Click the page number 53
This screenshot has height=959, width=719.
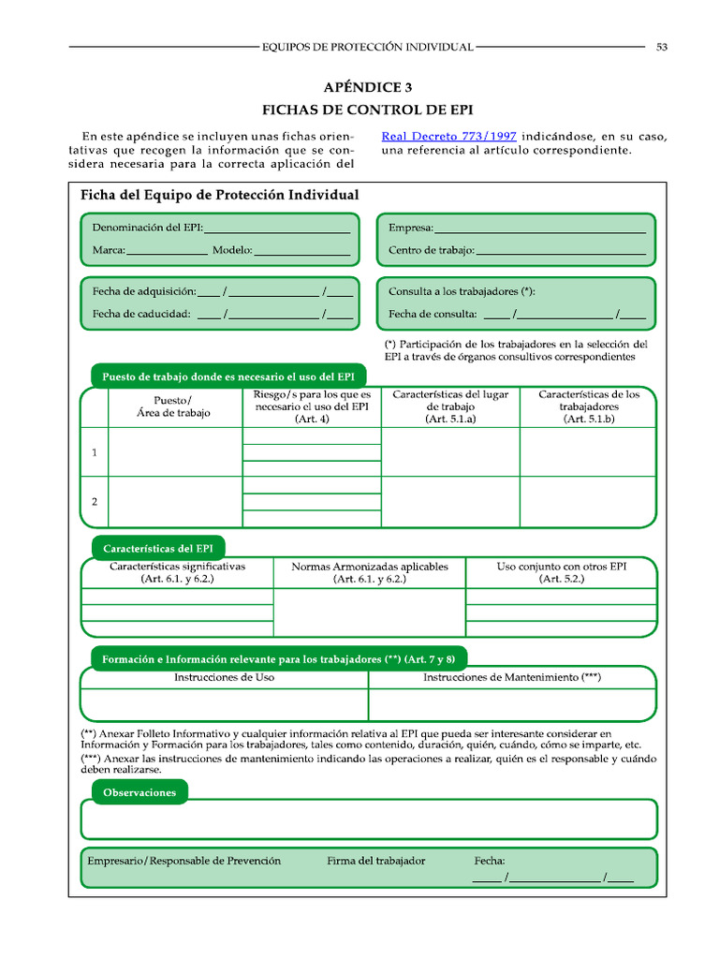661,47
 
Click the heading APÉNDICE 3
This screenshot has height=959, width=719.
367,88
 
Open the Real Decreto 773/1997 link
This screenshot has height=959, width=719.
448,136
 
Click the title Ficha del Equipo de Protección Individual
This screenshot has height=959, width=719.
220,196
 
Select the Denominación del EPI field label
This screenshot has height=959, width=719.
147,228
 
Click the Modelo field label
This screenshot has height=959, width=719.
231,251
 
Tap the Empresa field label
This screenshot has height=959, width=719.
410,228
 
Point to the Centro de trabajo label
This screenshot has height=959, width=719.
431,251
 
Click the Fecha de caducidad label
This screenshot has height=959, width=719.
141,314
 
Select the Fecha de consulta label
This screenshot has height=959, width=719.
433,314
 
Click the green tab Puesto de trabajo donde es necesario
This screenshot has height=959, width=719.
228,376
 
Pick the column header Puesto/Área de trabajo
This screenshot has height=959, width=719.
173,406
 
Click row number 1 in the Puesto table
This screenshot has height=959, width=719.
95,453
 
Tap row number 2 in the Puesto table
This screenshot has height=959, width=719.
95,502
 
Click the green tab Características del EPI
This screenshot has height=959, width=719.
158,548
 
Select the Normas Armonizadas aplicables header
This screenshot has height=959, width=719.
370,573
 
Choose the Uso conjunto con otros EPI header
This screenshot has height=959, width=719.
561,573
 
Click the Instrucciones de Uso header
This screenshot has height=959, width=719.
225,677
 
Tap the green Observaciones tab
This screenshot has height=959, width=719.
139,792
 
